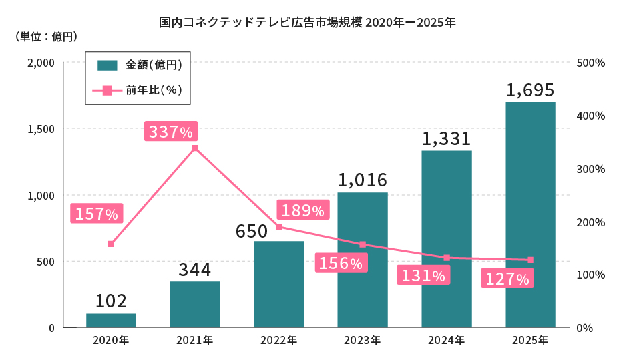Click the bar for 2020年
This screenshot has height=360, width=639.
(111, 320)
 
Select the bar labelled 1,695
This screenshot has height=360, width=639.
(530, 214)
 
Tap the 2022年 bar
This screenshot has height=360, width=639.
(279, 284)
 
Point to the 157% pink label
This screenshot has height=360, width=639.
(96, 214)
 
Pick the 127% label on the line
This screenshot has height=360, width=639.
(507, 279)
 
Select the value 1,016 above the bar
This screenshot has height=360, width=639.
(362, 180)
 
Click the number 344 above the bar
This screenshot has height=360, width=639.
(194, 270)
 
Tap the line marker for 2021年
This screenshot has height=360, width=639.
(195, 148)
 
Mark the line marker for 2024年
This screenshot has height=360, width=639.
(447, 258)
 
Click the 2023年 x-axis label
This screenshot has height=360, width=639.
(362, 341)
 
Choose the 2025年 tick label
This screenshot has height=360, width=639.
(530, 341)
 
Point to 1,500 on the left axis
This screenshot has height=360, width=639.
(41, 129)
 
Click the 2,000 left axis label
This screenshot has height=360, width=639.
(41, 63)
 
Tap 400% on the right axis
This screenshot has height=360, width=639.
(591, 116)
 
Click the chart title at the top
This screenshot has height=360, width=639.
(307, 22)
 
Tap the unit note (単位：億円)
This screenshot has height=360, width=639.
(46, 36)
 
